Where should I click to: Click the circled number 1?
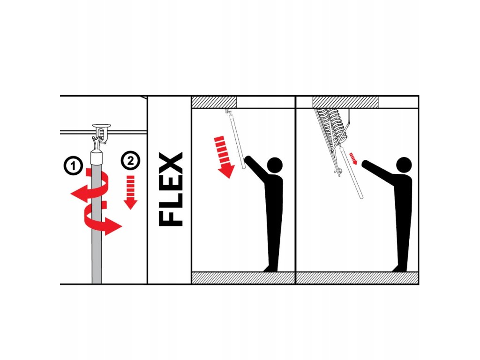(73, 165)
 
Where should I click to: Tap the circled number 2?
(130, 160)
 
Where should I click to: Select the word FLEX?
(171, 189)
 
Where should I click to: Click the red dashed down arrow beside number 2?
(131, 192)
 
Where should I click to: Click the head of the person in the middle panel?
(275, 165)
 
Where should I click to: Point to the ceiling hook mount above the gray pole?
(102, 133)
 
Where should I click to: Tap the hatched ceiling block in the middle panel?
(214, 102)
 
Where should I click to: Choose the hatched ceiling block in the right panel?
(345, 102)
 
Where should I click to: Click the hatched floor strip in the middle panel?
(243, 277)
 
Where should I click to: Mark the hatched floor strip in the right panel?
(357, 277)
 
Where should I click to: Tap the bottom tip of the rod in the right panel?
(361, 198)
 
